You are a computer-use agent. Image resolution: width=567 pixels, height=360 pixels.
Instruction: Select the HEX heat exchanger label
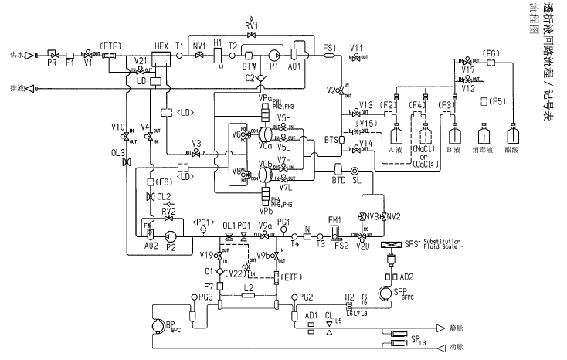coord(161,46)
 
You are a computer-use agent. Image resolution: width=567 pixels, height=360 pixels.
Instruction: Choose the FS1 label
coord(329,48)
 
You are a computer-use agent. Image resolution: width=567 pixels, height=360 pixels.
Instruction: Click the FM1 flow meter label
coord(334,219)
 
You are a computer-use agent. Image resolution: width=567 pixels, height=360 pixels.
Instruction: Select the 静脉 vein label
coord(457,328)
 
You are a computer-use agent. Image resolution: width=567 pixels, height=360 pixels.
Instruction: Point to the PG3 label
coord(205,297)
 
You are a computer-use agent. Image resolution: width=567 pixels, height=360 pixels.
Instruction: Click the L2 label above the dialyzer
coord(247,287)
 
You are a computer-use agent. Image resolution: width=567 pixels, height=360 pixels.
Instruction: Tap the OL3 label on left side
coord(117,153)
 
